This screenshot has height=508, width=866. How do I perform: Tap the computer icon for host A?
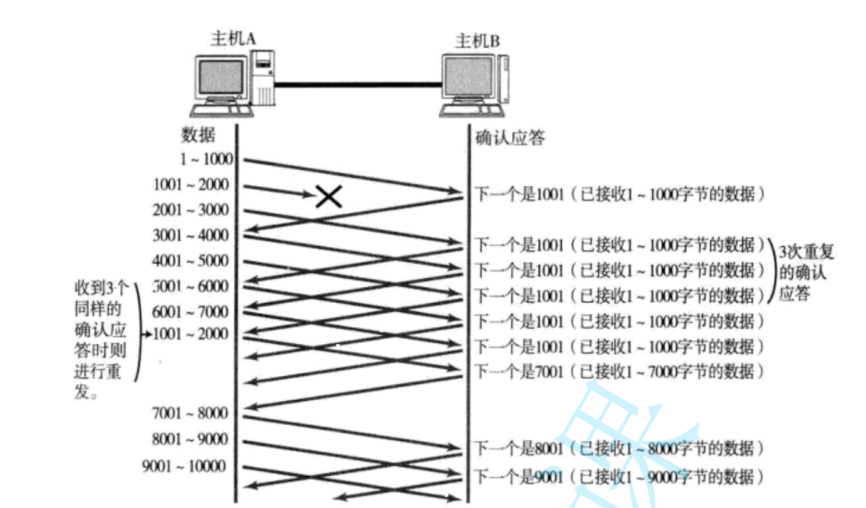(233, 85)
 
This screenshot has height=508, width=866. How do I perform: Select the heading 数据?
(198, 135)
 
